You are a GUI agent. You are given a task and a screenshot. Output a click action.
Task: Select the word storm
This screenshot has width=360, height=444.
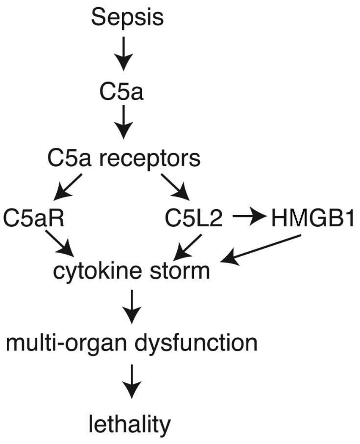[182, 271]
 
